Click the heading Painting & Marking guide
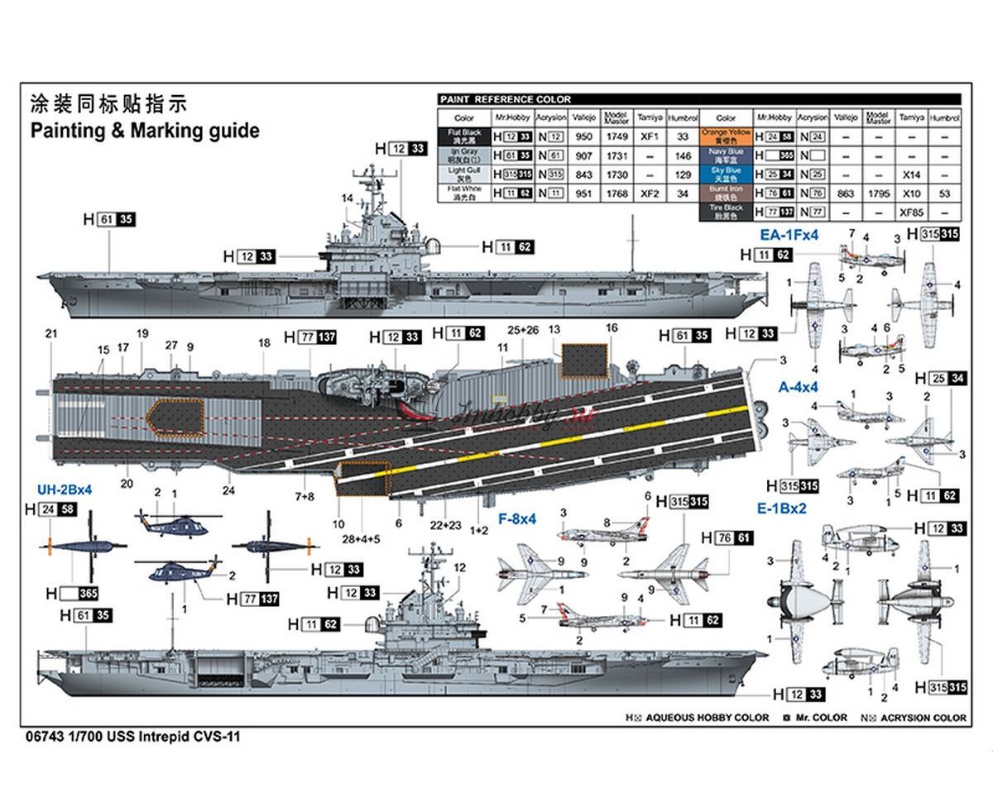pyautogui.click(x=144, y=131)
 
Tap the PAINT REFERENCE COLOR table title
pyautogui.click(x=506, y=99)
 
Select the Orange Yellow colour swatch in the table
pyautogui.click(x=726, y=136)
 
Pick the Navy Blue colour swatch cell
pyautogui.click(x=726, y=155)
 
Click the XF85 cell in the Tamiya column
pyautogui.click(x=911, y=213)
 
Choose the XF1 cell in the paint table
pyautogui.click(x=650, y=136)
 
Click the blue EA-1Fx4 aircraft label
pyautogui.click(x=790, y=235)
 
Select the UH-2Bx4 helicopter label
pyautogui.click(x=64, y=490)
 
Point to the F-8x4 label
pyautogui.click(x=518, y=520)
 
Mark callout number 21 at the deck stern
pyautogui.click(x=51, y=333)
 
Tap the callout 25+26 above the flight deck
pyautogui.click(x=523, y=330)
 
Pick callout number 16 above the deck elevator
pyautogui.click(x=612, y=328)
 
